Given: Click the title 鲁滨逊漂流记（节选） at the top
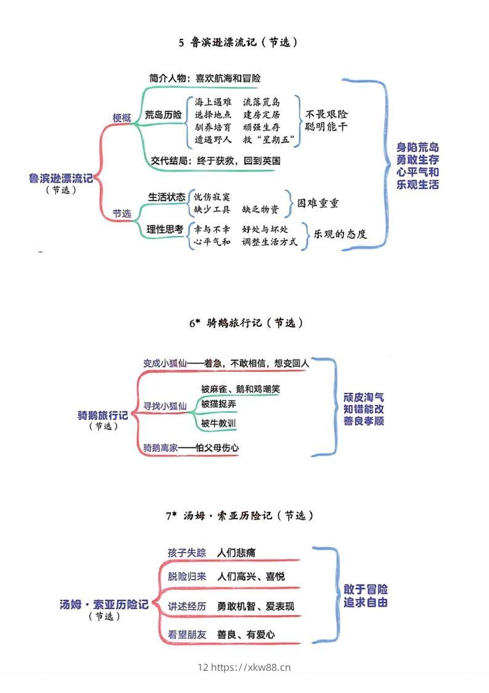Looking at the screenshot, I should (x=239, y=43).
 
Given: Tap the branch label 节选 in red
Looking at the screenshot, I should (x=121, y=214).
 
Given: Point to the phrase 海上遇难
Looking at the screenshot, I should (x=213, y=102).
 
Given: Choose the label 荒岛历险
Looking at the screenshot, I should (x=163, y=115).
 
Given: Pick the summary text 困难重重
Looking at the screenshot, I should (x=318, y=203).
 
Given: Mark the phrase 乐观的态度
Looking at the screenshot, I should (x=340, y=234).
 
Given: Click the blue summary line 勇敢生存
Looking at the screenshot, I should (x=418, y=160).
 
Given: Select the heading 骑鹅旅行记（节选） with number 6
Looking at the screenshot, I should (x=246, y=323).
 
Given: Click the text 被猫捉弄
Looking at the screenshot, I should (x=218, y=404).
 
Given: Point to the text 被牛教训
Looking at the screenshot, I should (x=218, y=424).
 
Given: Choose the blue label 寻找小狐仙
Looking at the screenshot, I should (x=165, y=406).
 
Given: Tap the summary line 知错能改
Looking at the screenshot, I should (x=364, y=409).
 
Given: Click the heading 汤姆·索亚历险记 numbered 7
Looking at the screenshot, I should (x=240, y=516).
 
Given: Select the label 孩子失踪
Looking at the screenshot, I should (x=187, y=552).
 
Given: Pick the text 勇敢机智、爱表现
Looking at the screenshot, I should (x=255, y=607).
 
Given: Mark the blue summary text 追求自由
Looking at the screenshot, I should (x=366, y=602).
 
